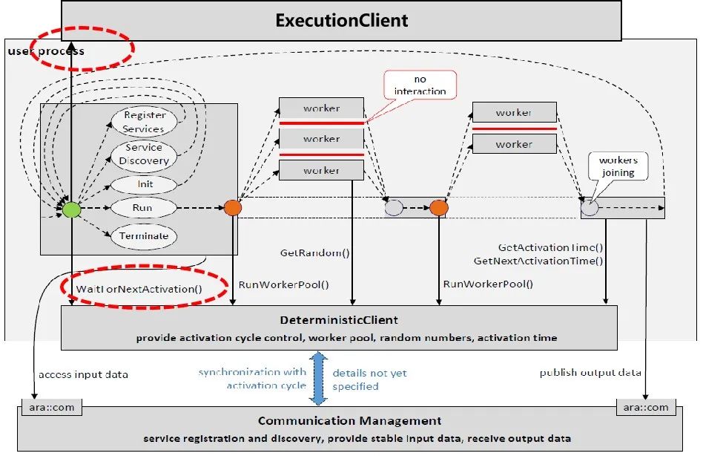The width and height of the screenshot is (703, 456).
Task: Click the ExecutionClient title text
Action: pos(341,20)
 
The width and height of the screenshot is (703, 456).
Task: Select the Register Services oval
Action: pos(144,122)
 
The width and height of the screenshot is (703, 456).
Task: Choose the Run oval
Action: pos(142,209)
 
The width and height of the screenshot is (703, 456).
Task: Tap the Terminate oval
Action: pos(144,236)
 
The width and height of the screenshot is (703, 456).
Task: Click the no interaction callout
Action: pos(420,85)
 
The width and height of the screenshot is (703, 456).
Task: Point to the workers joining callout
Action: pos(618,166)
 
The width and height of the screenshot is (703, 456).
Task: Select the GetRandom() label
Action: pos(314,253)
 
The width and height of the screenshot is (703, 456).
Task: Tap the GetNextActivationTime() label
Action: pos(538,261)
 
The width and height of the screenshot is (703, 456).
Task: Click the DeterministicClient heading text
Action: pos(339,320)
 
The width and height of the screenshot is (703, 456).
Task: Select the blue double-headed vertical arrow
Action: pos(318,379)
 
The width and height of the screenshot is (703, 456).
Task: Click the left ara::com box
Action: pos(51,407)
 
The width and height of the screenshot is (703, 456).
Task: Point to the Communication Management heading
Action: pos(350,421)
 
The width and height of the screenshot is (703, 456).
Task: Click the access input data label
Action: pos(83,374)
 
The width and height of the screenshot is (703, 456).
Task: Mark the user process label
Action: pos(46,51)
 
